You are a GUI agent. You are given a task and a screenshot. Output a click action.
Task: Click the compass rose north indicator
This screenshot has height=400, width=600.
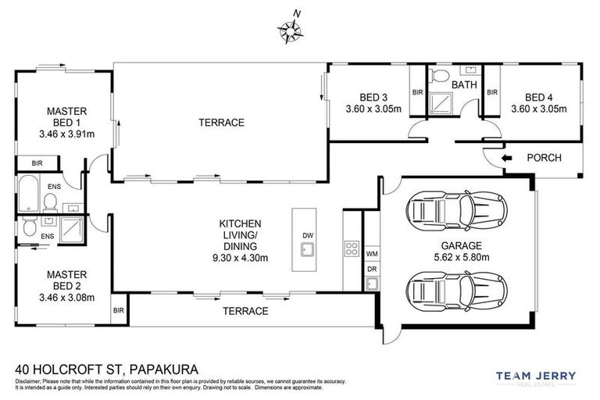(x=291, y=29)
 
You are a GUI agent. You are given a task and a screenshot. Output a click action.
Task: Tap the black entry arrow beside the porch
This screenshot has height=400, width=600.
(x=506, y=158)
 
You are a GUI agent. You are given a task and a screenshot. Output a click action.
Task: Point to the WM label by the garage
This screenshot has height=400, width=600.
(x=372, y=254)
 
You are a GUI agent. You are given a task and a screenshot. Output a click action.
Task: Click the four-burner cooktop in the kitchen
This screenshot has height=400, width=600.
(x=351, y=251)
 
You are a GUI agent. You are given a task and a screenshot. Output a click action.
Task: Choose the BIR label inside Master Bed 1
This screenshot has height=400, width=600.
(x=37, y=163)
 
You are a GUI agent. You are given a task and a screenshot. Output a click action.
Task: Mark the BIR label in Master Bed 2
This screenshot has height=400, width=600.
(x=119, y=310)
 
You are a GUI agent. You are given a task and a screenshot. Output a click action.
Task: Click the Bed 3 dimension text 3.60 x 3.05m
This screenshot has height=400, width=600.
(x=373, y=109)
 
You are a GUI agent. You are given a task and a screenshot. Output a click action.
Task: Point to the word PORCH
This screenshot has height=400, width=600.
(x=545, y=158)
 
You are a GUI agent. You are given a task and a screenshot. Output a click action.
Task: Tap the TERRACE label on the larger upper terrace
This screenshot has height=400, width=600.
(x=221, y=123)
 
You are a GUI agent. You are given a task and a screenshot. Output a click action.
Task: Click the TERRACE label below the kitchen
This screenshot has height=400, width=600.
(x=245, y=311)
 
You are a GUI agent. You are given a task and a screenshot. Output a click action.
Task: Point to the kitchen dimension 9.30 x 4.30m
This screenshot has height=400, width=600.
(x=240, y=257)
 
